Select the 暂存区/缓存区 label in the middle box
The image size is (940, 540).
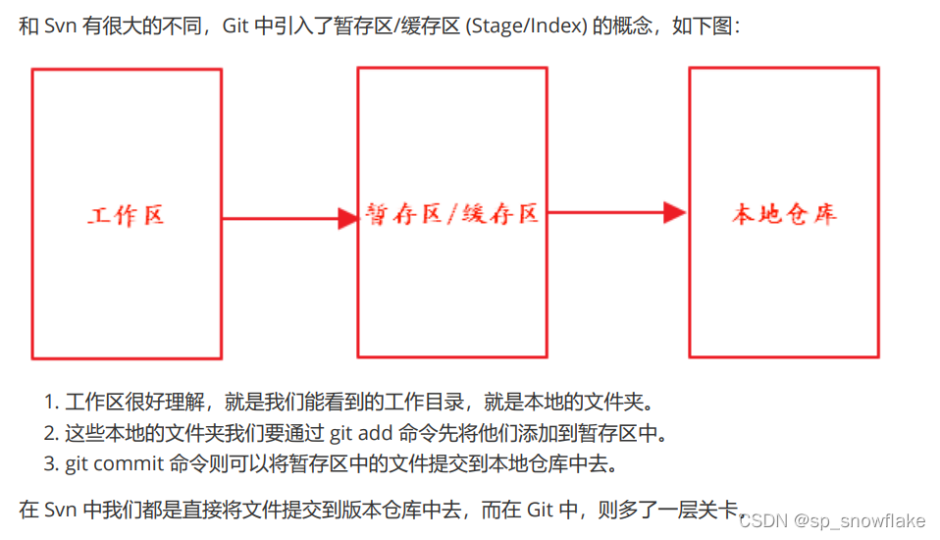click(452, 214)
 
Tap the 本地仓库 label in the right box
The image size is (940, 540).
click(784, 214)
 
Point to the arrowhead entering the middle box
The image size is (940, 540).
click(347, 218)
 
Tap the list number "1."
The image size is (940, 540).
click(52, 403)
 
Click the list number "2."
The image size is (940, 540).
click(52, 433)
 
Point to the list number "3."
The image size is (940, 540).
click(52, 462)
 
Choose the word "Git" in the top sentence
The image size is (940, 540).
click(236, 26)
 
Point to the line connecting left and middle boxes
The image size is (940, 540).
click(280, 218)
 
